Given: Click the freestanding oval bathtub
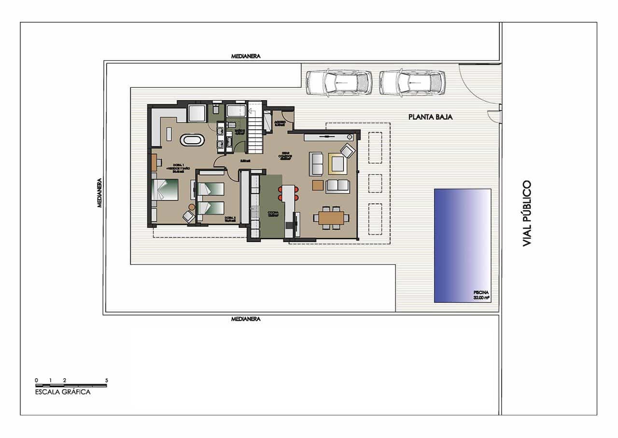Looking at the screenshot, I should (x=192, y=140).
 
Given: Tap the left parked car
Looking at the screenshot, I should (x=339, y=82).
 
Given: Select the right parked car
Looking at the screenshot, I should (x=412, y=82).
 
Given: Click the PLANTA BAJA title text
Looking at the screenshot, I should (x=430, y=117).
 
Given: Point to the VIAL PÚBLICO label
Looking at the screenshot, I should (x=527, y=213).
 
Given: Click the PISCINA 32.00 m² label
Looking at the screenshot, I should (x=481, y=295).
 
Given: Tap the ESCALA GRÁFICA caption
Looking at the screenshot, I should (x=63, y=392).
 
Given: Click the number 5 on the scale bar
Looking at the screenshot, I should (x=107, y=380).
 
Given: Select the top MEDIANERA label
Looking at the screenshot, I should (x=246, y=56).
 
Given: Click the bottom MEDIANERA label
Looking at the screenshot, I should (x=246, y=319).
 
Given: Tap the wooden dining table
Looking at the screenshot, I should (x=331, y=218).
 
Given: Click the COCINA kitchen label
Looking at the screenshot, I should (x=274, y=214).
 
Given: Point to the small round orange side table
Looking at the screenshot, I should (x=192, y=207).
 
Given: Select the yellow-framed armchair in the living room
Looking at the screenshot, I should (x=336, y=163).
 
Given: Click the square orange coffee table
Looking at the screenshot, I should (x=318, y=185).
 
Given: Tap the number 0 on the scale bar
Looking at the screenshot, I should (x=36, y=380).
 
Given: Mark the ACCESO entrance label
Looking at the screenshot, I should (x=279, y=123).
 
